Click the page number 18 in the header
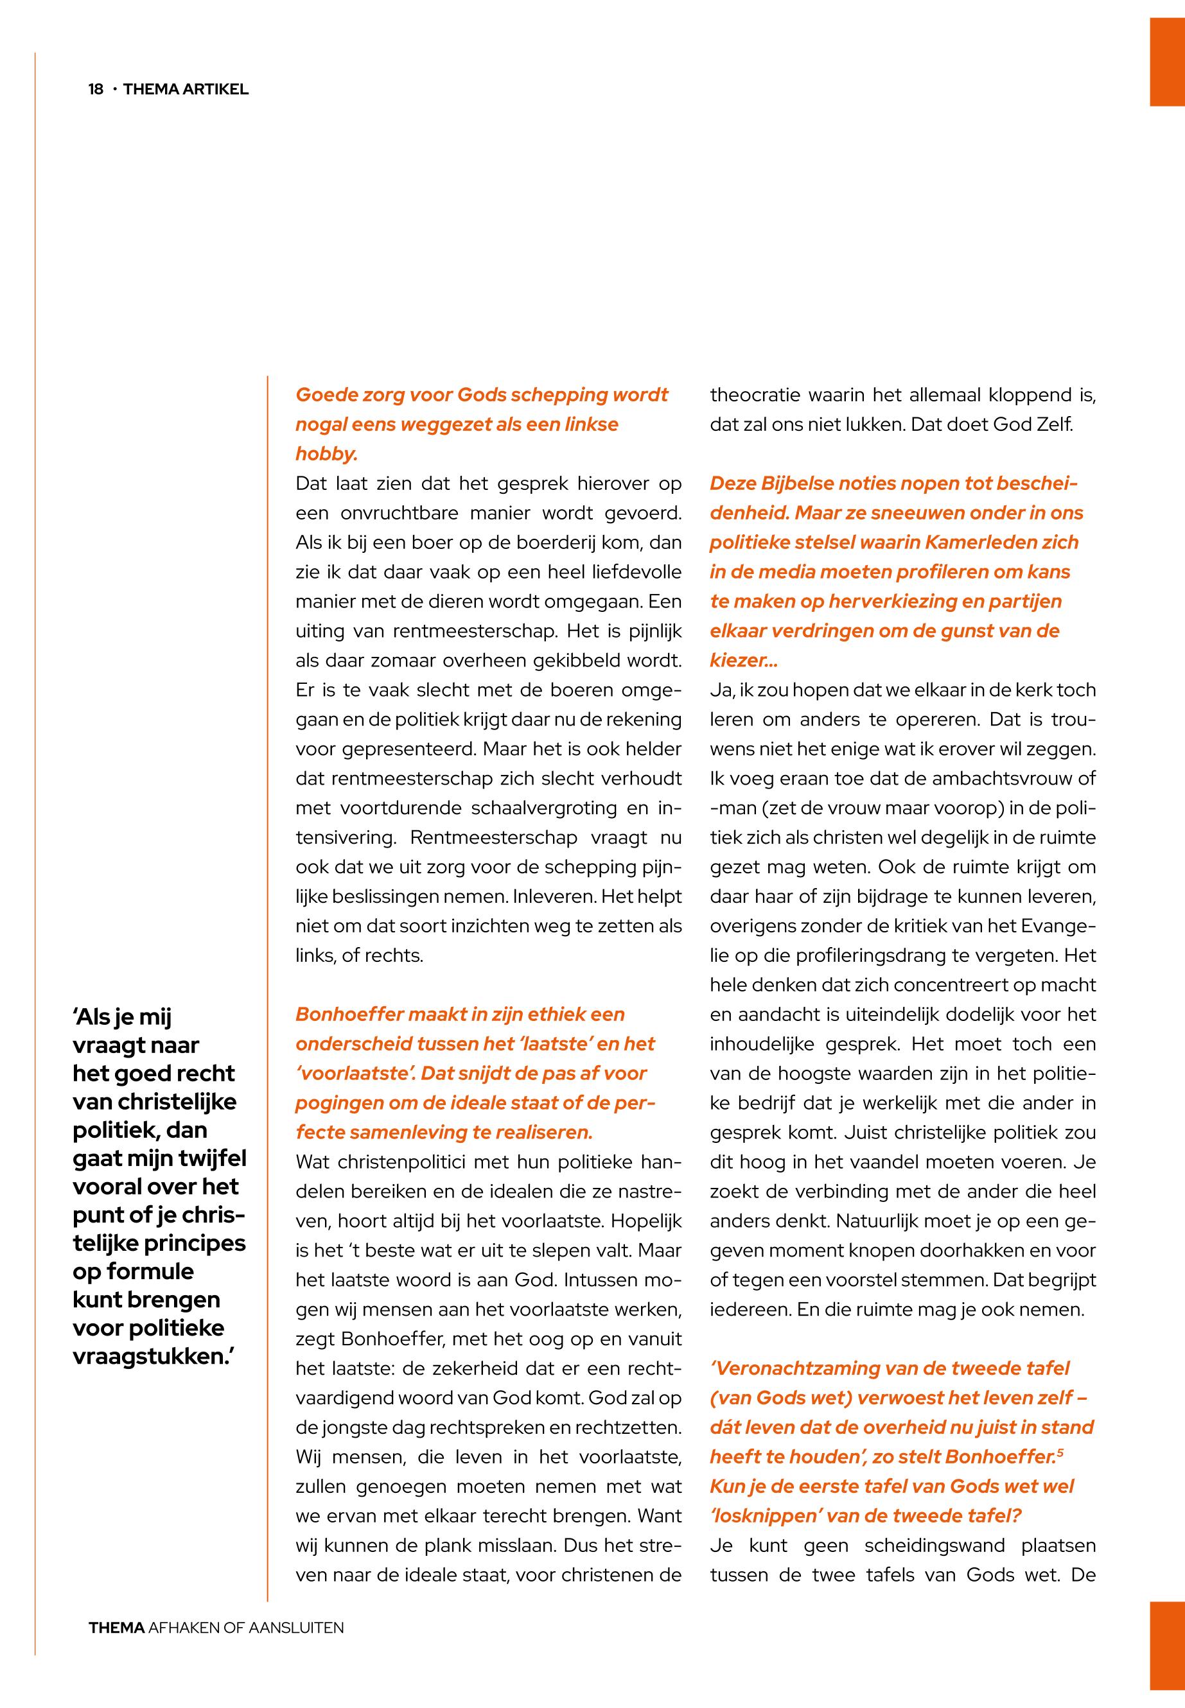click(x=96, y=90)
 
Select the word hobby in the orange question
click(x=326, y=454)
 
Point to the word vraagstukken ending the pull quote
click(x=152, y=1356)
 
